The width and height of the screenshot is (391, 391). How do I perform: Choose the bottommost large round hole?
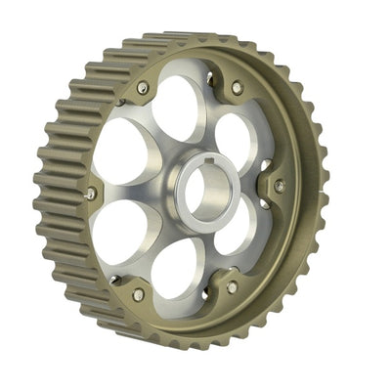click(x=177, y=267)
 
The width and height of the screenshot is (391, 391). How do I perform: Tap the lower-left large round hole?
click(x=122, y=232)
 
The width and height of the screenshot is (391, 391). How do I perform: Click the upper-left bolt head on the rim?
click(x=143, y=88)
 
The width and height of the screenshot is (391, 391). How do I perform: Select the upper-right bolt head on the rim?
click(x=237, y=88)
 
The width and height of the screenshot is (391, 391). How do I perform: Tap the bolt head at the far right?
click(x=280, y=185)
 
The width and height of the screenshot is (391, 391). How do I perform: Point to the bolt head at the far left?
click(x=91, y=194)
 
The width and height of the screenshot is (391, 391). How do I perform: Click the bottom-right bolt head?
click(x=232, y=287)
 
